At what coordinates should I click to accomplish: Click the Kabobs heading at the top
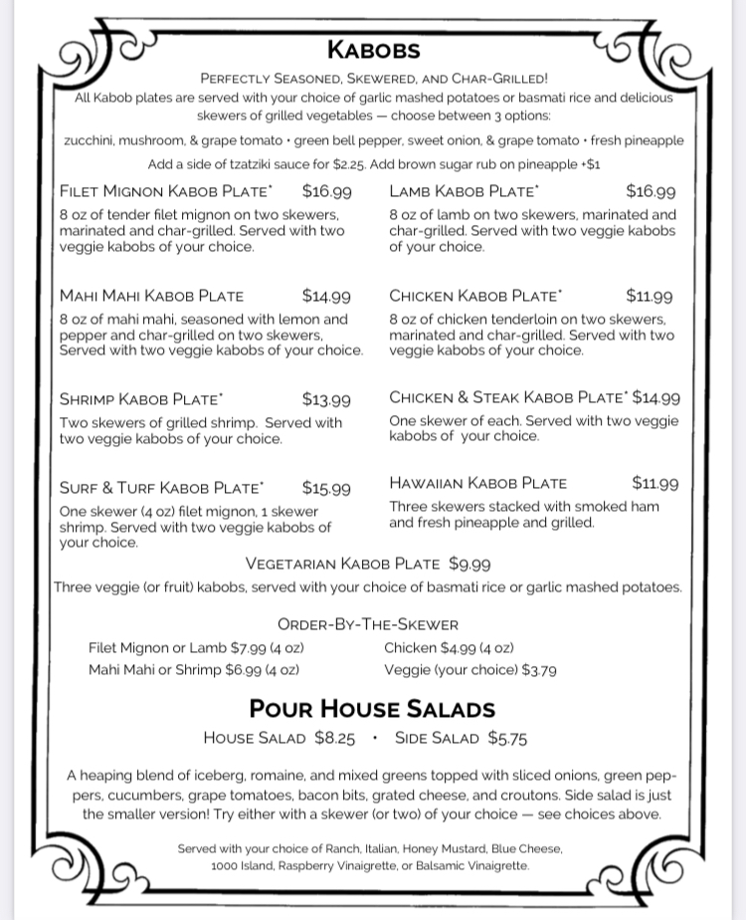click(373, 50)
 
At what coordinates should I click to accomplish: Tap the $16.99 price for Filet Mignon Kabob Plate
click(326, 191)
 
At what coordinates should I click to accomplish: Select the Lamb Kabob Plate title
click(465, 191)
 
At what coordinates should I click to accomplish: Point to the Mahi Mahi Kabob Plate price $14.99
click(326, 296)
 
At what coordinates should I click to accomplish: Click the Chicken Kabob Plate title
click(475, 296)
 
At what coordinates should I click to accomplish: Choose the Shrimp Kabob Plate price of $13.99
click(326, 400)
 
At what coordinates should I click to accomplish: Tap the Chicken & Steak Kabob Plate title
click(508, 398)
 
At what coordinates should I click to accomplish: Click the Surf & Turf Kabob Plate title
click(161, 488)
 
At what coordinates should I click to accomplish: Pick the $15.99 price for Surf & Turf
click(326, 489)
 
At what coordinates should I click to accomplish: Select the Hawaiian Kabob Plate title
click(477, 484)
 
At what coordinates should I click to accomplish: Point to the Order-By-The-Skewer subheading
click(368, 625)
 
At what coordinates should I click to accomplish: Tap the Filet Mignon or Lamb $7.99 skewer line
click(196, 648)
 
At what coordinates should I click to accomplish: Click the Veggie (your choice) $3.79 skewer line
click(470, 670)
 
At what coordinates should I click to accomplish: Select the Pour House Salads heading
click(372, 709)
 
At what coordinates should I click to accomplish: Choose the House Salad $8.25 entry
click(279, 738)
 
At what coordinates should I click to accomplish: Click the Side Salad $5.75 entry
click(461, 738)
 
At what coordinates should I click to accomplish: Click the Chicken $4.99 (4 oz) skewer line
click(449, 648)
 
